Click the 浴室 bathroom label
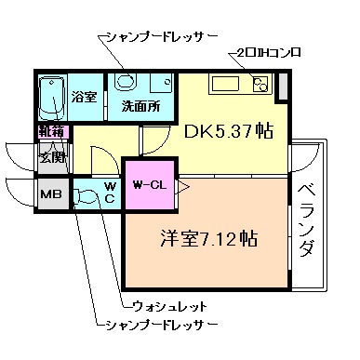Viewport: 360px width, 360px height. coord(86,96)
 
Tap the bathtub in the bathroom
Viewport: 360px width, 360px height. coord(53,99)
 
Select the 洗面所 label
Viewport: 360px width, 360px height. coord(141,106)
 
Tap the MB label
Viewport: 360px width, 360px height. coord(49,195)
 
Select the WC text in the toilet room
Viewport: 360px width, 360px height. coord(109,192)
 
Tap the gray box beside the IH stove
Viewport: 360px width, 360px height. coord(283,84)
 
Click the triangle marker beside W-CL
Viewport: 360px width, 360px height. coord(182,186)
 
